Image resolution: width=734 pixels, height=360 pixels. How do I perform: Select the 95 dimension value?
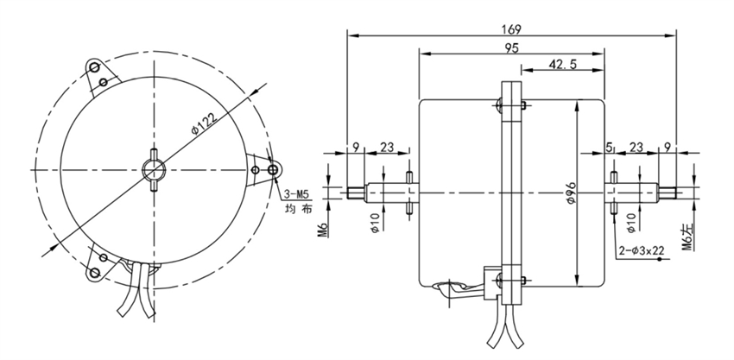click(511, 48)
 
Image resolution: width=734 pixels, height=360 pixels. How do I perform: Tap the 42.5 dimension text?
click(562, 66)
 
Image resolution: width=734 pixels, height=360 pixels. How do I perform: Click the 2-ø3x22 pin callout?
click(645, 251)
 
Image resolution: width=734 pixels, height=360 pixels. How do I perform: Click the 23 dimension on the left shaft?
click(387, 148)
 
